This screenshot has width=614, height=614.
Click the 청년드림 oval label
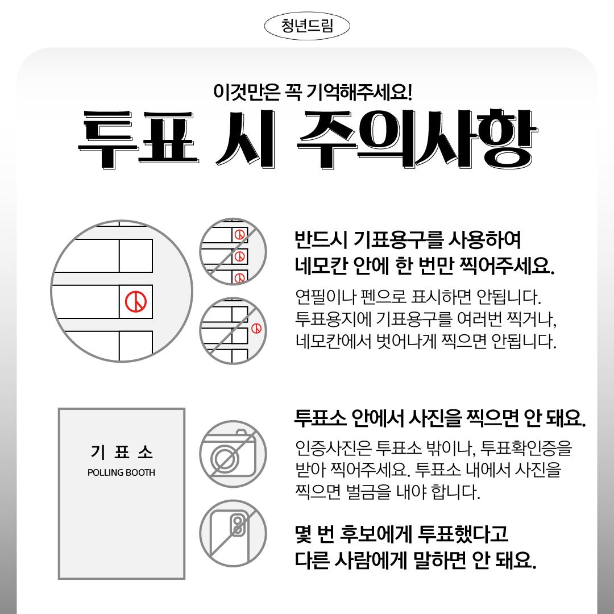pos(307,26)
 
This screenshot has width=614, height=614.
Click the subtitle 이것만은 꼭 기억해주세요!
pos(313,92)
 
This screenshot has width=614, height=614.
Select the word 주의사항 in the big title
pos(417,139)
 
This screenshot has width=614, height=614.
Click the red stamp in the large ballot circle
pos(136,301)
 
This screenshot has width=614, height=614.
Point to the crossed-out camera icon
pos(233,454)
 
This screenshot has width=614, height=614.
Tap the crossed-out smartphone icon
pos(233,533)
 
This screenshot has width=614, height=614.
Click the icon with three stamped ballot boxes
pos(233,251)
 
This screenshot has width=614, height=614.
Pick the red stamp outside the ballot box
pos(256,328)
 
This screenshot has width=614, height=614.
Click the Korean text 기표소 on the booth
pos(122,452)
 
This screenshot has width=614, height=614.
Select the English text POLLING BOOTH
pos(122,472)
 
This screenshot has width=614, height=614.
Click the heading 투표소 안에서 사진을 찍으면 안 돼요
pos(440,418)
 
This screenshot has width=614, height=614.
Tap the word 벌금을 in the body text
pos(369,492)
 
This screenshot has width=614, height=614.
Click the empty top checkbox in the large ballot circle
pos(136,256)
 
